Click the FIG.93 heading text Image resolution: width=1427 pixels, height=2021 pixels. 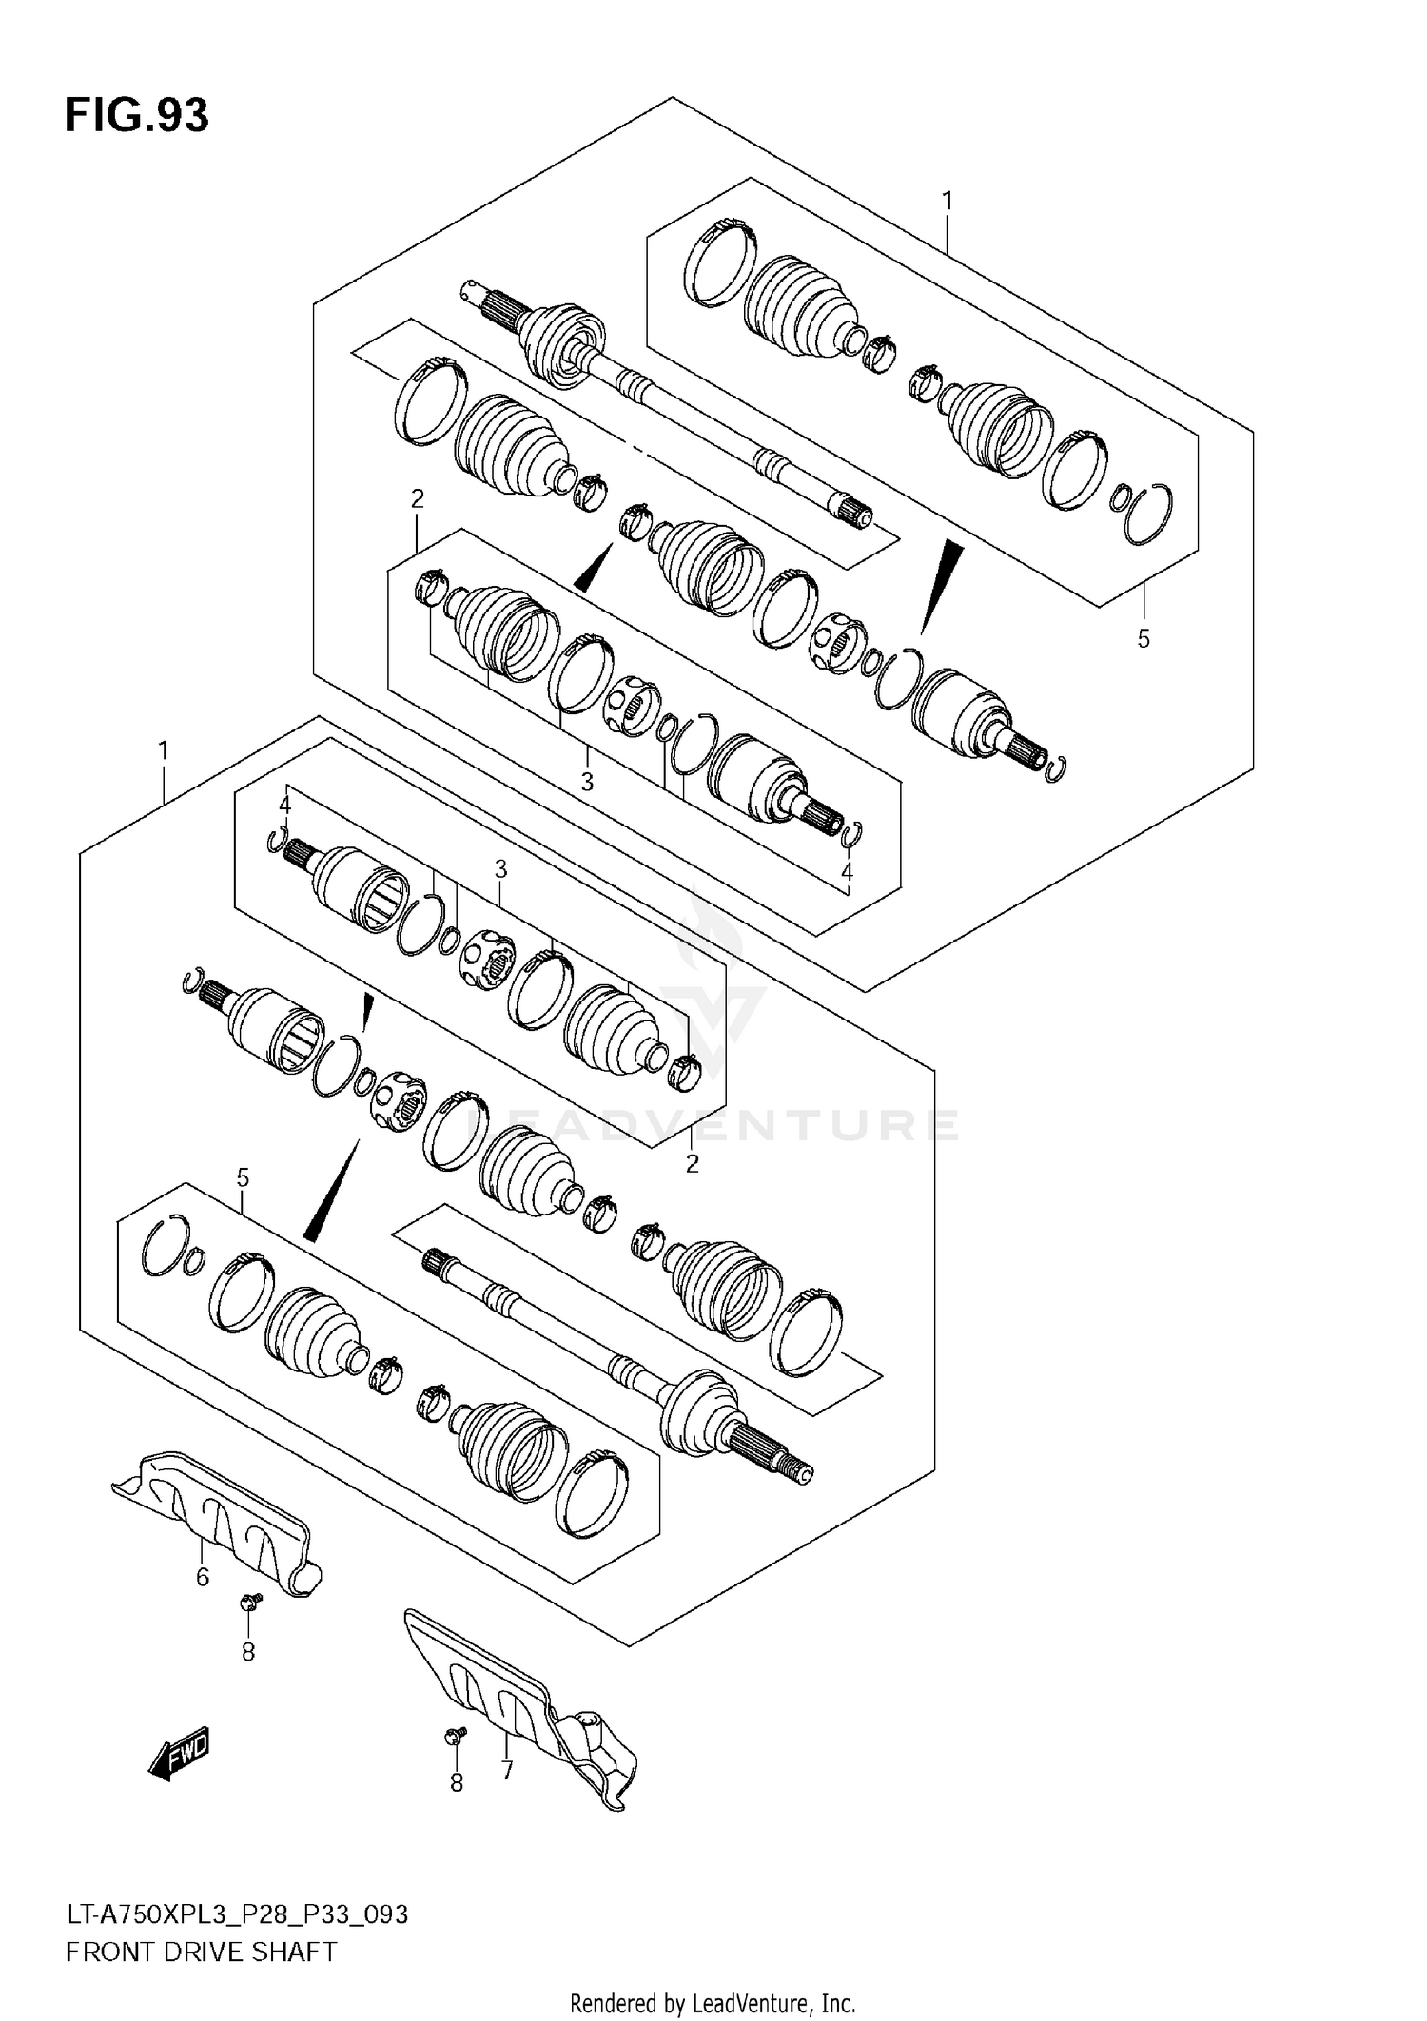tap(136, 115)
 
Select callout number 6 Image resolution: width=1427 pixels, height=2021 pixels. tap(203, 1577)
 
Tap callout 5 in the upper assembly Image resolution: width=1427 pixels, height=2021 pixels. tap(1144, 639)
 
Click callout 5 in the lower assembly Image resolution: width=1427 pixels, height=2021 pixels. tap(243, 1178)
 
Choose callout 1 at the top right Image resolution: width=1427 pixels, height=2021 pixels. tap(947, 201)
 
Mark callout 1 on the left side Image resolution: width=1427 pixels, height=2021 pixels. tap(164, 751)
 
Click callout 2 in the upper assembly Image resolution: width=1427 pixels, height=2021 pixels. tap(417, 498)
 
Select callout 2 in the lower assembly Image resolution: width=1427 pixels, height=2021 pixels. tap(692, 1163)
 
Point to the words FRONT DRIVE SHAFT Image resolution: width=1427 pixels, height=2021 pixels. tap(201, 1953)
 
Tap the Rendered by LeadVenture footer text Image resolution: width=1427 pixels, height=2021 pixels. tap(713, 2004)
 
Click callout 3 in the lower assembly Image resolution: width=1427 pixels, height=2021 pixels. tap(500, 868)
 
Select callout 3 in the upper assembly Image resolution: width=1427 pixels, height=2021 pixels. tap(587, 782)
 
